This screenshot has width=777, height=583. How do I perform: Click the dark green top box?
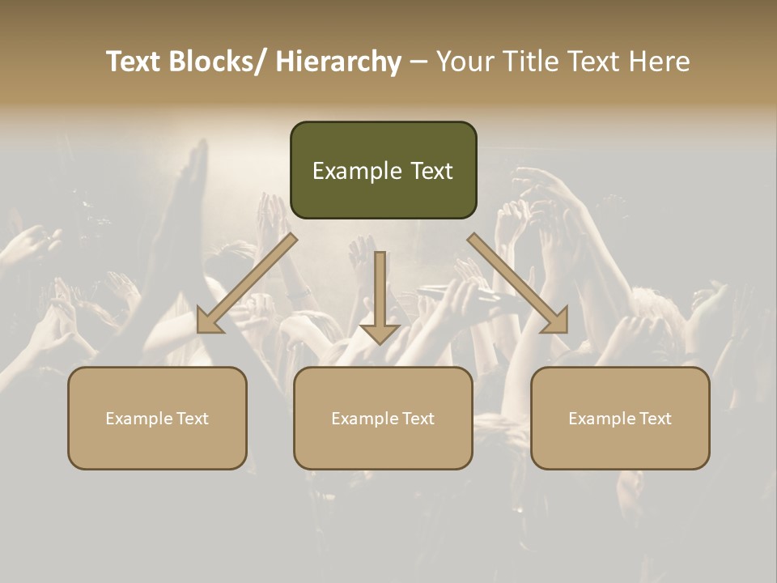[x=383, y=170]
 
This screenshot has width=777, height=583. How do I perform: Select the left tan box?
[x=157, y=418]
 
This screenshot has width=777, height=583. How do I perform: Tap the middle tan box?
[x=383, y=418]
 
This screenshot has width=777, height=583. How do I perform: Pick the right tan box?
[x=620, y=418]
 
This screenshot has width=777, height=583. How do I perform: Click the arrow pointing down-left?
[x=247, y=284]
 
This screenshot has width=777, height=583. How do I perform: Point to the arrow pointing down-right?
[x=518, y=284]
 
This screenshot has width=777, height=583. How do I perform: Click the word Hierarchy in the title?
[x=338, y=62]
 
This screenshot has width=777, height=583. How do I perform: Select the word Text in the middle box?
[x=416, y=419]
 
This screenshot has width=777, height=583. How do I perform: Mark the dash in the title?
[x=418, y=62]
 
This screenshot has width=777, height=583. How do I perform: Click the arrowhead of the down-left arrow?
[x=209, y=321]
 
